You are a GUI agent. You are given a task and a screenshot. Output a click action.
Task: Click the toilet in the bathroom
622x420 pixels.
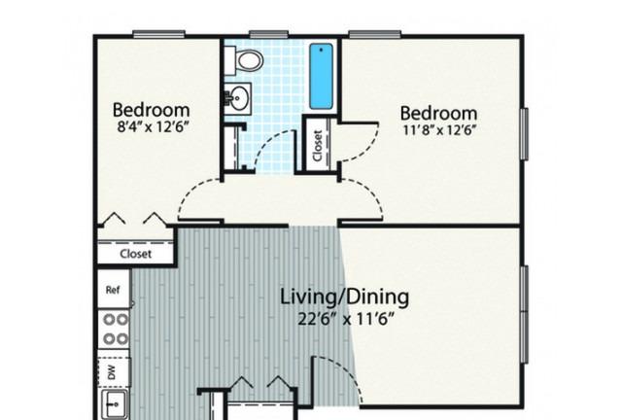[243, 60]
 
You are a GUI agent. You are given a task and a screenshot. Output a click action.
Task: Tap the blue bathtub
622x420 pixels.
[322, 76]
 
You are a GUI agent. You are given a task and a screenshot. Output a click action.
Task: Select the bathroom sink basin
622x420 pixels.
[237, 98]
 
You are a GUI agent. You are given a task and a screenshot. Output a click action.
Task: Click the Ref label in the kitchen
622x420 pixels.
[113, 290]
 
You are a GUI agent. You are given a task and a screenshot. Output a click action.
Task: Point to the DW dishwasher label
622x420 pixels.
[112, 372]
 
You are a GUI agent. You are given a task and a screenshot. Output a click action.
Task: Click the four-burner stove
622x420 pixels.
[115, 329]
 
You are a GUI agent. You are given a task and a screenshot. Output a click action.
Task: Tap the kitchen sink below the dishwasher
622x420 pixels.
[115, 404]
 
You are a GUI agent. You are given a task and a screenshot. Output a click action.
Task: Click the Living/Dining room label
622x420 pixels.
[344, 297]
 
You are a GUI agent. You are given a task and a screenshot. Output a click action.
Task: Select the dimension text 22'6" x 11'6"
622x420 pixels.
[346, 319]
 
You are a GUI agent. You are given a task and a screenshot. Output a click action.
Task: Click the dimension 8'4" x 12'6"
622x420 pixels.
[152, 127]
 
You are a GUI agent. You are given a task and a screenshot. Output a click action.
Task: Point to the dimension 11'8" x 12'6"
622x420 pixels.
[438, 130]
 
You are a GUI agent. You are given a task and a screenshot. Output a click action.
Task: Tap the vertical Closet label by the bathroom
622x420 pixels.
[317, 146]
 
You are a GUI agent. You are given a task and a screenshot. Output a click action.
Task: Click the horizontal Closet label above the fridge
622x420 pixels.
[136, 254]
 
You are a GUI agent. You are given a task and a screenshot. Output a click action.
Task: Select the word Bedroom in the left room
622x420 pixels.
[152, 110]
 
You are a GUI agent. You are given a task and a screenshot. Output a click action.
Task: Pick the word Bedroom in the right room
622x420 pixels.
[438, 113]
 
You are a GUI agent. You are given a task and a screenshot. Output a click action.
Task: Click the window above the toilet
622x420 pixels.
[268, 35]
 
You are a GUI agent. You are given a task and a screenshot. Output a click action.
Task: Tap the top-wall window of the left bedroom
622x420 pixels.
[158, 35]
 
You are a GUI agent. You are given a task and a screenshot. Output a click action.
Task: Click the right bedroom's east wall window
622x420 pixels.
[525, 134]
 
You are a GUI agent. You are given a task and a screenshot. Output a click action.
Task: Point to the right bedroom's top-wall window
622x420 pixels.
[374, 35]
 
